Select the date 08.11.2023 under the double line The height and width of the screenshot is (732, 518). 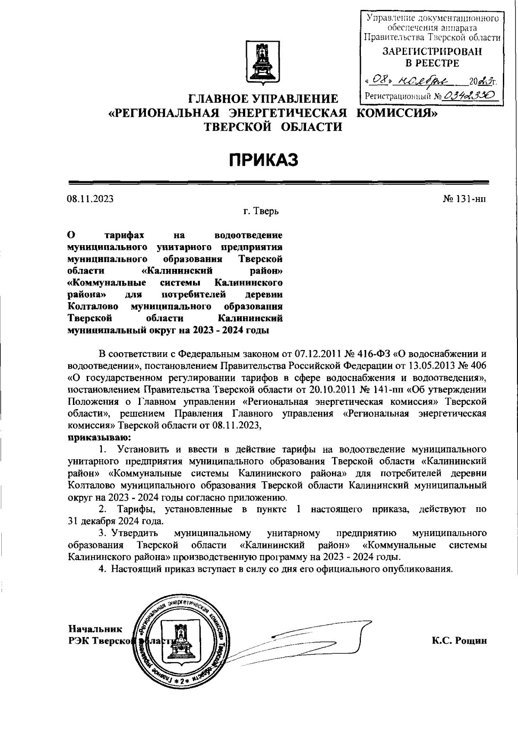point(90,199)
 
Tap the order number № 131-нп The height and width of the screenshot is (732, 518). point(465,199)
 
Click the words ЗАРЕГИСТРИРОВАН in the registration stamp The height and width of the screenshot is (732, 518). point(433,51)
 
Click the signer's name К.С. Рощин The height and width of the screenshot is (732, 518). point(459,640)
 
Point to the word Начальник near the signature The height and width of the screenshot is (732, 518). point(95,629)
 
